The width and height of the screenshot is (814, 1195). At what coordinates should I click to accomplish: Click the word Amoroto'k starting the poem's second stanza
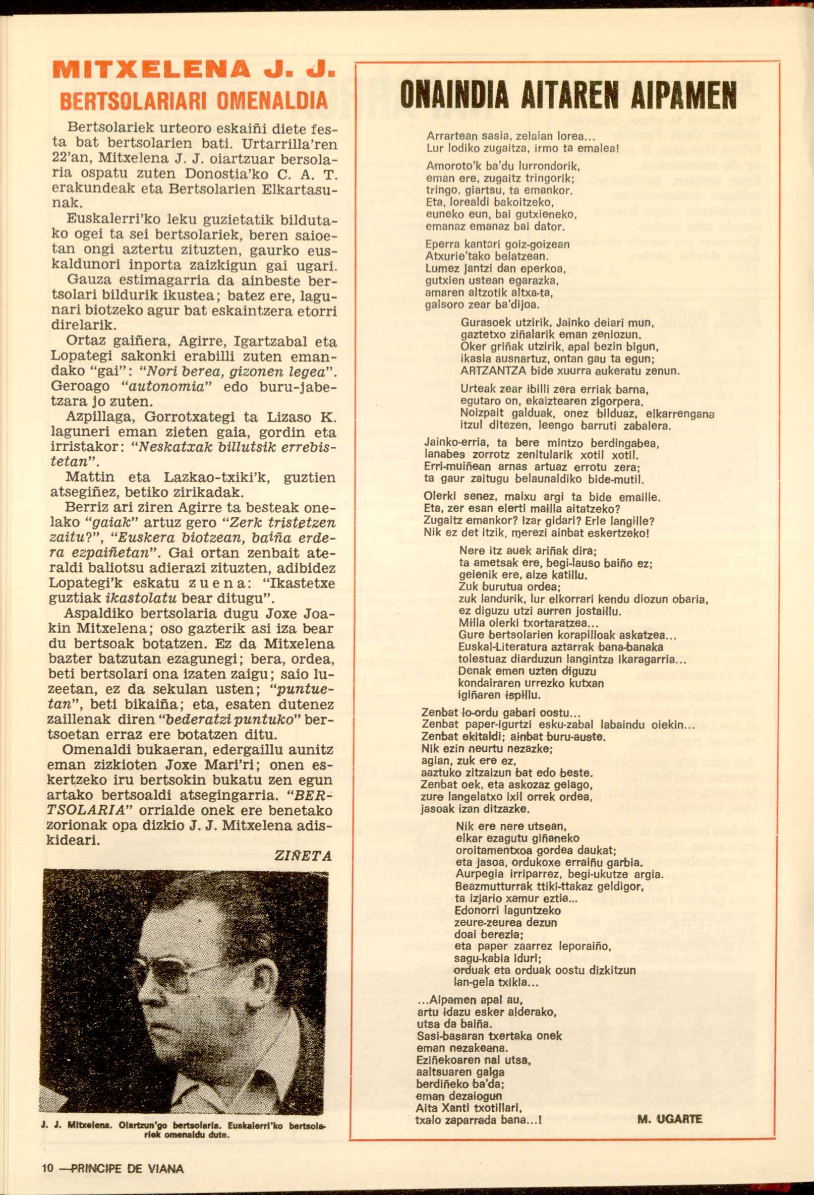pos(449,167)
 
